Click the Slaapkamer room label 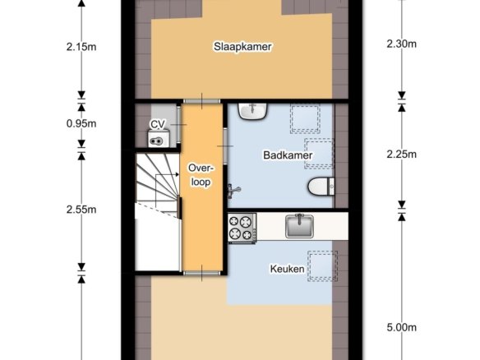pyautogui.click(x=242, y=47)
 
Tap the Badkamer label pyautogui.click(x=288, y=155)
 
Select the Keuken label pyautogui.click(x=287, y=269)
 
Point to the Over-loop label pyautogui.click(x=201, y=175)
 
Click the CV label pyautogui.click(x=158, y=124)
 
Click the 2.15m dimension pyautogui.click(x=81, y=47)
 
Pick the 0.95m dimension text pyautogui.click(x=81, y=123)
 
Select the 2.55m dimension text pyautogui.click(x=81, y=210)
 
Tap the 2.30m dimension pyautogui.click(x=402, y=44)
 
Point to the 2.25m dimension pyautogui.click(x=402, y=155)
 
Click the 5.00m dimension pyautogui.click(x=402, y=328)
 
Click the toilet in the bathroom pyautogui.click(x=321, y=186)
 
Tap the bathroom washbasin pyautogui.click(x=253, y=111)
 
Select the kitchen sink pyautogui.click(x=299, y=226)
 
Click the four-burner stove pyautogui.click(x=242, y=228)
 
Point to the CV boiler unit pyautogui.click(x=159, y=138)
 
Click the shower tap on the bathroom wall pyautogui.click(x=233, y=191)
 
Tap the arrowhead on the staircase pyautogui.click(x=178, y=174)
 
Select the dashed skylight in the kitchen pyautogui.click(x=323, y=266)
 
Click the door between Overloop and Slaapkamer pyautogui.click(x=201, y=101)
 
